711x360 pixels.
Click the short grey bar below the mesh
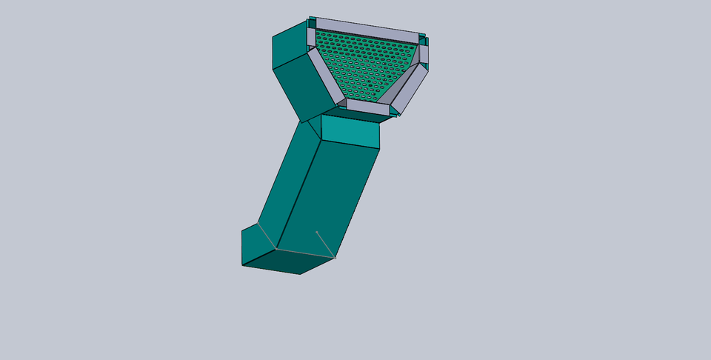click(367, 107)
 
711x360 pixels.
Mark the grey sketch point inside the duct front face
click(317, 232)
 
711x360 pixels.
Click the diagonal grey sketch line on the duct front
click(326, 244)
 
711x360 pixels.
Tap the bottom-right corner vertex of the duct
click(335, 258)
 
